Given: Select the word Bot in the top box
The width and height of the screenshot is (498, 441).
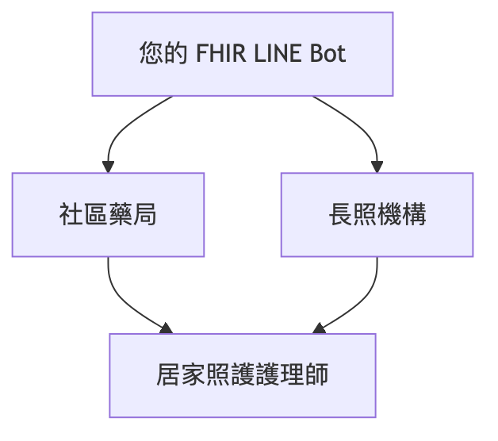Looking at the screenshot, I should pyautogui.click(x=328, y=55).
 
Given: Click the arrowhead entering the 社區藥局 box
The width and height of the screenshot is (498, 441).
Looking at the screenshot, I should pyautogui.click(x=108, y=167).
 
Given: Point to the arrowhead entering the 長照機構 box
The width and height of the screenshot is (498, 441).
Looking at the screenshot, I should pyautogui.click(x=377, y=167).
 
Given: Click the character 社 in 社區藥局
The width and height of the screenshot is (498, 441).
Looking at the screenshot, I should pyautogui.click(x=71, y=215).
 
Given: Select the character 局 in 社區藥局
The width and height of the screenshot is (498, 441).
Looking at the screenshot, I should pyautogui.click(x=144, y=215).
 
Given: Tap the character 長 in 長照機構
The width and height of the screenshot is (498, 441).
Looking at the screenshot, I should pyautogui.click(x=340, y=215).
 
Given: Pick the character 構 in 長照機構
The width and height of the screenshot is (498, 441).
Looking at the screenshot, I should pyautogui.click(x=413, y=215).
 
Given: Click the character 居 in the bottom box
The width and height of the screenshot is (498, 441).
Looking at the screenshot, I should pyautogui.click(x=169, y=375).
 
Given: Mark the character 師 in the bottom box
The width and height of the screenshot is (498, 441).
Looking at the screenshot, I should pyautogui.click(x=316, y=375).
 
